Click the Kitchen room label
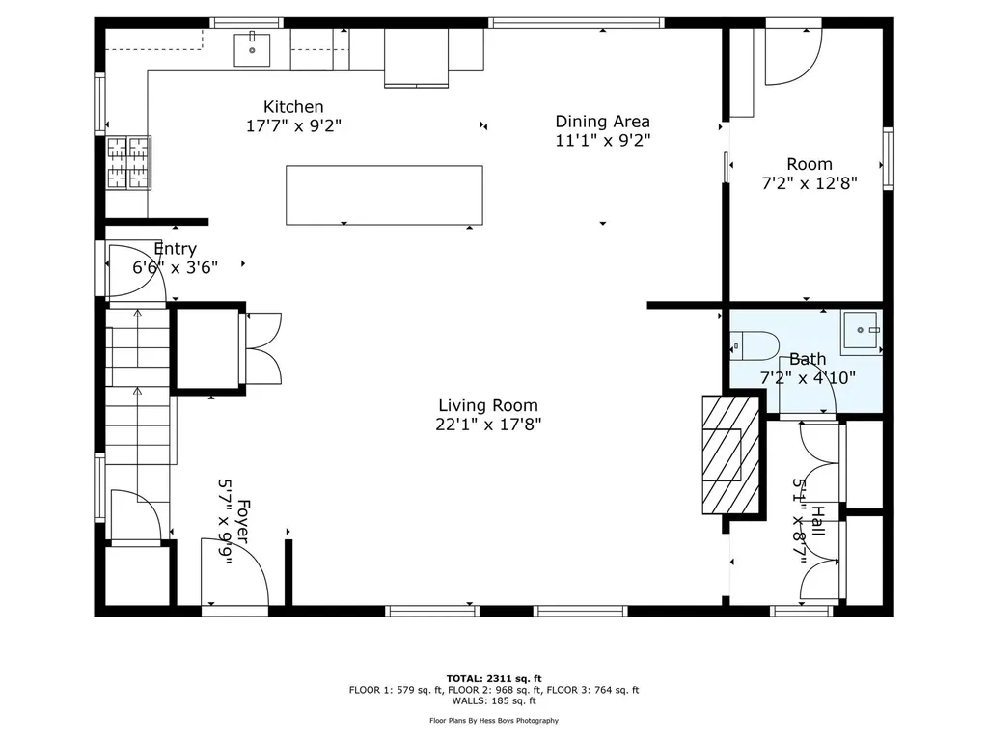pyautogui.click(x=293, y=106)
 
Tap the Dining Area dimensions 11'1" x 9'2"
pyautogui.click(x=603, y=140)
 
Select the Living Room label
pyautogui.click(x=488, y=405)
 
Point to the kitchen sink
pyautogui.click(x=252, y=50)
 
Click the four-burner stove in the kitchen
pyautogui.click(x=128, y=162)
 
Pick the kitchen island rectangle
pyautogui.click(x=384, y=195)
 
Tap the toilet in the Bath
pyautogui.click(x=755, y=346)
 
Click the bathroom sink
pyautogui.click(x=862, y=331)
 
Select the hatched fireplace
pyautogui.click(x=731, y=454)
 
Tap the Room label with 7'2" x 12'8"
pyautogui.click(x=810, y=174)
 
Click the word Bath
pyautogui.click(x=808, y=359)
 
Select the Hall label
pyautogui.click(x=818, y=520)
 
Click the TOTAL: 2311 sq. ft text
pyautogui.click(x=494, y=678)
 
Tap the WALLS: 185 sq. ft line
pyautogui.click(x=494, y=700)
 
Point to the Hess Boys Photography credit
pyautogui.click(x=494, y=720)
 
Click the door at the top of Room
pyautogui.click(x=793, y=54)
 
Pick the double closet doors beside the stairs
pyautogui.click(x=263, y=347)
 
